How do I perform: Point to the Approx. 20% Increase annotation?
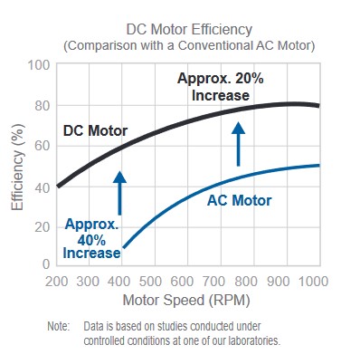[x=219, y=87]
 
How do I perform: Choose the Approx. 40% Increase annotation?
[x=91, y=237]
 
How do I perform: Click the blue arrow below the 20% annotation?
[x=239, y=144]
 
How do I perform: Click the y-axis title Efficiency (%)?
[x=17, y=164]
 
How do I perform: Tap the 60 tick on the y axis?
[x=41, y=145]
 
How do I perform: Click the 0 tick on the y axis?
[x=44, y=263]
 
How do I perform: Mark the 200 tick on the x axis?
[x=57, y=282]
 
